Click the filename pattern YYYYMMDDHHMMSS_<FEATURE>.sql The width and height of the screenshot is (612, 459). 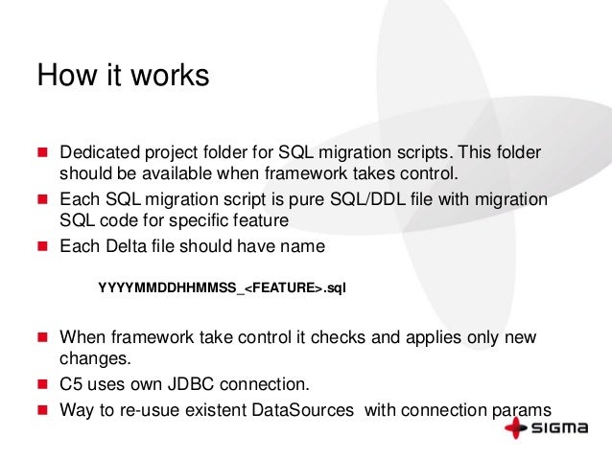[x=222, y=287]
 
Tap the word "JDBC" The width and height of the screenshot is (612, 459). [x=200, y=385]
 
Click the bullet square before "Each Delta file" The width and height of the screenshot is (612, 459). [x=42, y=246]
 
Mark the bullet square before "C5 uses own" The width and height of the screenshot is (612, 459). [x=42, y=385]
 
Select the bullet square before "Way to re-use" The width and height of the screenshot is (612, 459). [x=42, y=407]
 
